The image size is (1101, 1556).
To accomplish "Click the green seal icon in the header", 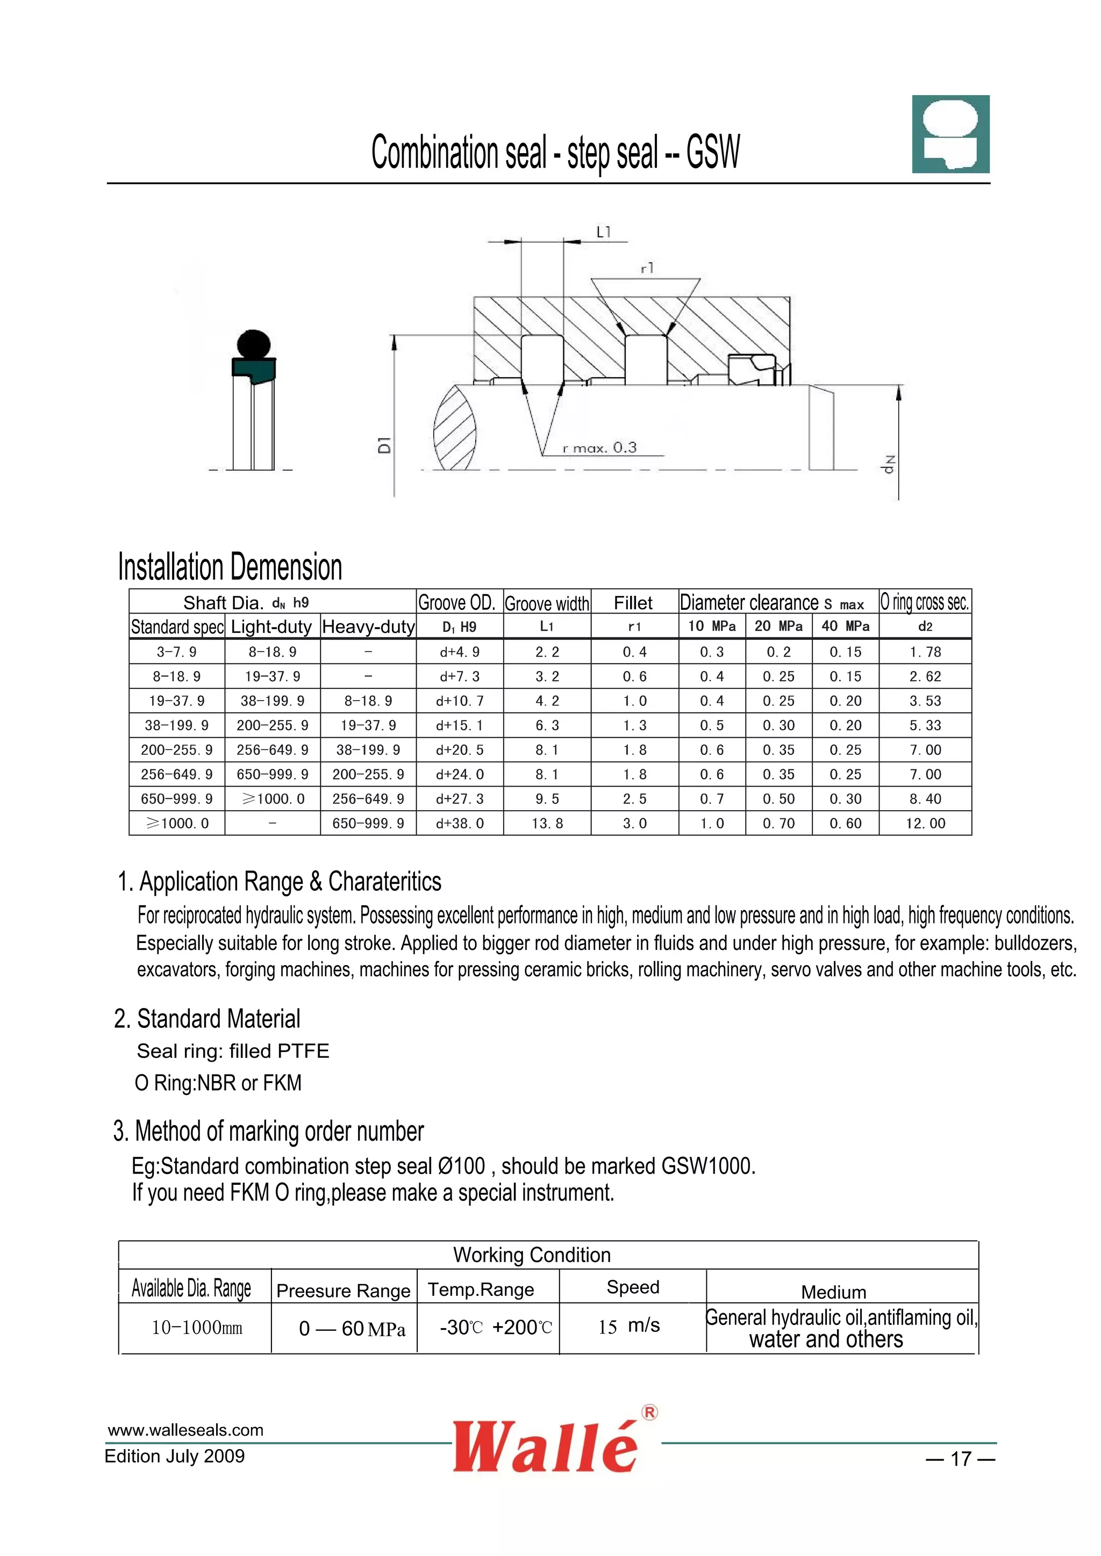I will click(x=950, y=134).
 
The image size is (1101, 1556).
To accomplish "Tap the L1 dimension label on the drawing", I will click(x=603, y=232).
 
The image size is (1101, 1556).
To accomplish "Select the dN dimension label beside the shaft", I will click(x=889, y=464).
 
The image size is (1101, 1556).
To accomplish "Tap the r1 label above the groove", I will click(x=647, y=268).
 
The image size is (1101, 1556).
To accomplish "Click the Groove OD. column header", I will click(x=456, y=602).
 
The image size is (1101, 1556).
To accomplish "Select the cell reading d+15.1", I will click(x=459, y=725).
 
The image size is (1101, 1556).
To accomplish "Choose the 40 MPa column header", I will click(x=845, y=626).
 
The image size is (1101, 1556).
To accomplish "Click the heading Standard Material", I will click(x=208, y=1019).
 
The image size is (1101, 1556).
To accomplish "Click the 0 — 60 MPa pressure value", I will click(x=352, y=1328).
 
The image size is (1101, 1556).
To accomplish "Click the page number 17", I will click(x=961, y=1458).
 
